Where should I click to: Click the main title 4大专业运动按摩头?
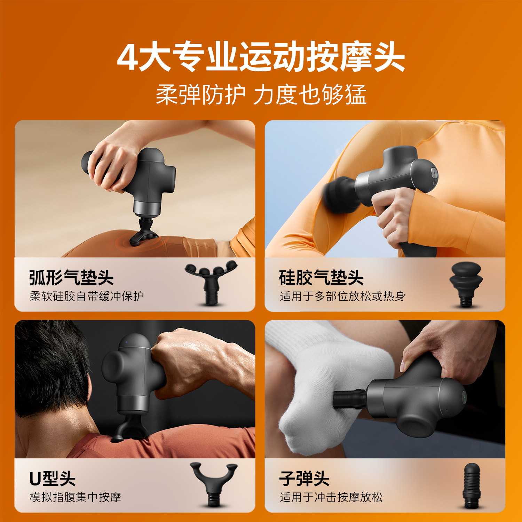pos(261,57)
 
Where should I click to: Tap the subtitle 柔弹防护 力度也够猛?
pos(261,95)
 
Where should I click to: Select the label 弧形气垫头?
pos(71,277)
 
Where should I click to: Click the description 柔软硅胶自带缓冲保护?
pos(87,296)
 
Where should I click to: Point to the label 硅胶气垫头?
pos(321,277)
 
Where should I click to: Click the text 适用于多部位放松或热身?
pos(342,296)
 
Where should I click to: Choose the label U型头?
pos(52,478)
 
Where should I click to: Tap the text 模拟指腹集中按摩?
pos(75,497)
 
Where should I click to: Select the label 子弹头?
pos(304,478)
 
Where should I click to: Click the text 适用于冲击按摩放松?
pos(331,497)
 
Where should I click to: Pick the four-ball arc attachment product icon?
pos(211,282)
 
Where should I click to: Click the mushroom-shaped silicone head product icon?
pos(466,284)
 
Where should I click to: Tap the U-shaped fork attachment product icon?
pos(213,484)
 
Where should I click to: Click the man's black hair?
pos(49,365)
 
